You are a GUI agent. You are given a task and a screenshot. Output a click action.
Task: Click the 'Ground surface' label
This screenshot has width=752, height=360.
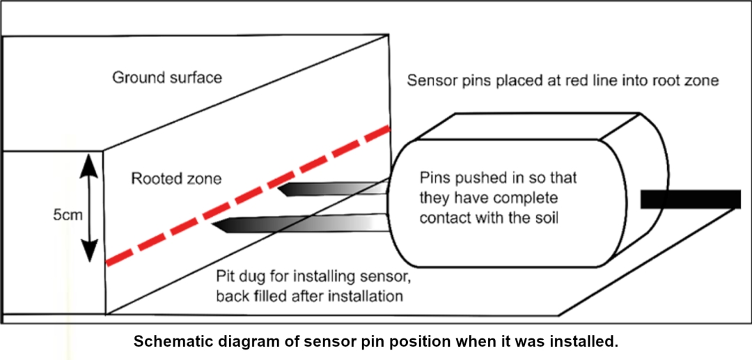167,77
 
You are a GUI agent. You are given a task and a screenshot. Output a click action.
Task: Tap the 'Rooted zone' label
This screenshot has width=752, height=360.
176,180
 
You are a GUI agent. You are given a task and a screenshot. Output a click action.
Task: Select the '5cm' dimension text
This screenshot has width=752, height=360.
68,214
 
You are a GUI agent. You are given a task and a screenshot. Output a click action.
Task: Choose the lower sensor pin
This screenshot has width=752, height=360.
299,224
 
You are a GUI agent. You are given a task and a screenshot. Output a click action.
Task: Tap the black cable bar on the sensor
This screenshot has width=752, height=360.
690,199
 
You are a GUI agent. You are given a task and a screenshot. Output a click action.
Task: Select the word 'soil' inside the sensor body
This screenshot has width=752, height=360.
546,217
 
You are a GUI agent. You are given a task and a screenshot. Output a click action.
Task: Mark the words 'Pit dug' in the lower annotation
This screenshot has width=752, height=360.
240,276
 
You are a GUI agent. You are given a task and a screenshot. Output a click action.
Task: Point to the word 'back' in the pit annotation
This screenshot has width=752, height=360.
231,296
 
